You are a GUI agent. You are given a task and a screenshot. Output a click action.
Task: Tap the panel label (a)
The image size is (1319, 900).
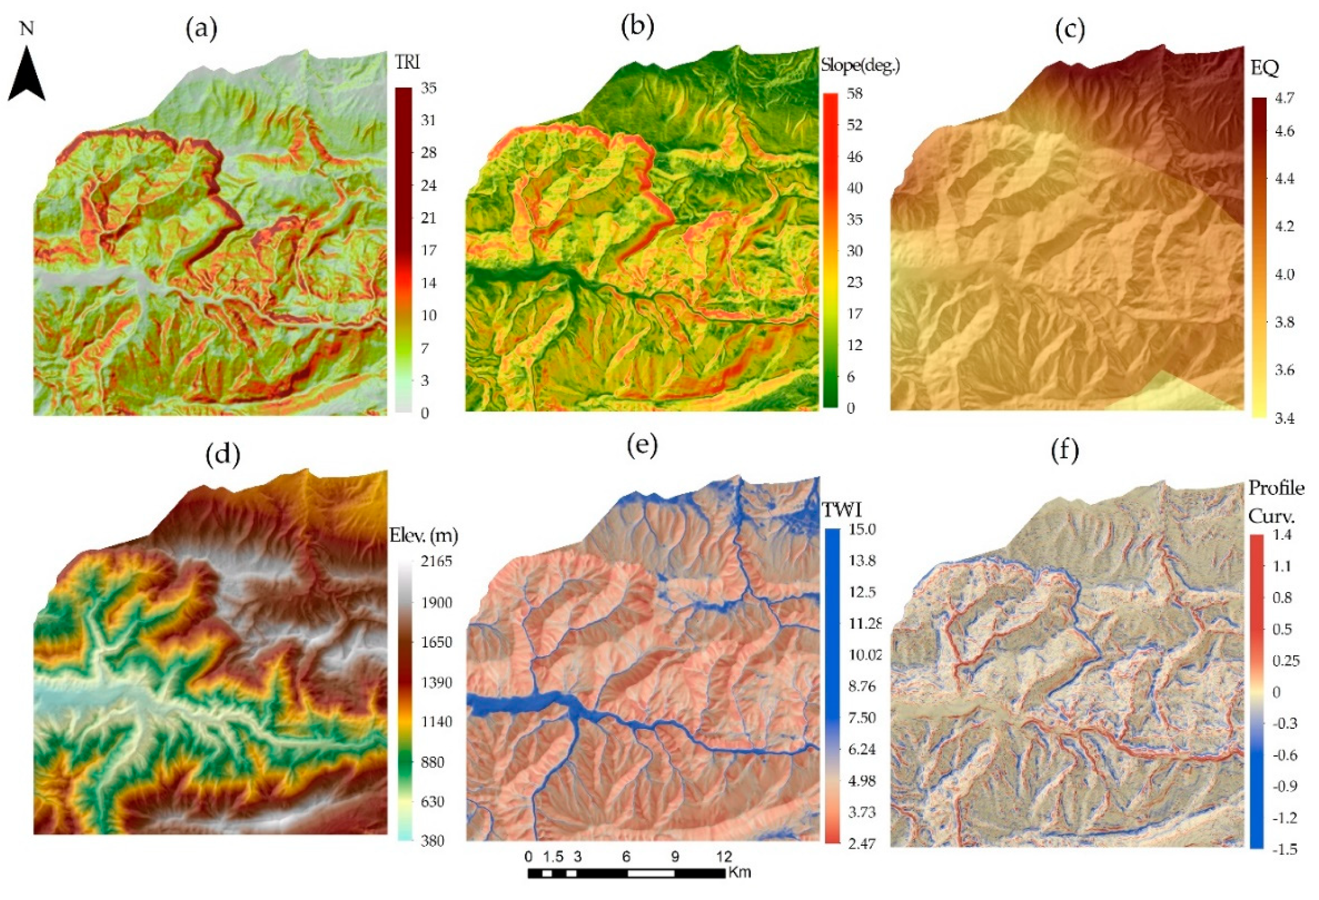click(201, 28)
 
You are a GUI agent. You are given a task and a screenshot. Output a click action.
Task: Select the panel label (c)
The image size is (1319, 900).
click(1070, 29)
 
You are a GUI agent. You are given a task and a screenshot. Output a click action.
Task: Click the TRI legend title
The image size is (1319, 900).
click(407, 62)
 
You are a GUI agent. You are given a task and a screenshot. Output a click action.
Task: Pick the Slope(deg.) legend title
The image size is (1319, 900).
click(860, 66)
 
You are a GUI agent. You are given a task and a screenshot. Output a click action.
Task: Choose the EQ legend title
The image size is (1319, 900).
click(1264, 67)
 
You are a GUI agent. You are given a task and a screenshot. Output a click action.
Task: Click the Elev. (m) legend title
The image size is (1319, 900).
click(424, 535)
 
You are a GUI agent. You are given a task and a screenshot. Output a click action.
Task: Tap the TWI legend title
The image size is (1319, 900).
click(842, 510)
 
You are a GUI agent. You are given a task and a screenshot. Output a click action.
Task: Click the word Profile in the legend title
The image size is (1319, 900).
click(1276, 488)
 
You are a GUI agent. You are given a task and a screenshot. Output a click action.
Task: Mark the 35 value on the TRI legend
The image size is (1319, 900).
click(428, 88)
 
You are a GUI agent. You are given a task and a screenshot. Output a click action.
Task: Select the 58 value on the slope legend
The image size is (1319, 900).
click(854, 93)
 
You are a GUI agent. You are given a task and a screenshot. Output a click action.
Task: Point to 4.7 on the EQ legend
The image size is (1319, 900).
click(1284, 98)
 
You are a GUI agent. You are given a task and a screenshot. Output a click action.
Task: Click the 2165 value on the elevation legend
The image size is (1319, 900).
click(436, 561)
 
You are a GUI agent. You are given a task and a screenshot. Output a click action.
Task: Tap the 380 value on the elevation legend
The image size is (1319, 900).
click(432, 840)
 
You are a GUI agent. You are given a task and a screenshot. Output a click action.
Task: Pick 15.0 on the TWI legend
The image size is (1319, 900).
click(862, 529)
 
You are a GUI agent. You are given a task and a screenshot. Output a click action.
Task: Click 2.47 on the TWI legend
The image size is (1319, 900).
click(862, 843)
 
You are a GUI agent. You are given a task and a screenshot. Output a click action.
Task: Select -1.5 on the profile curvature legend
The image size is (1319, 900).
click(1284, 849)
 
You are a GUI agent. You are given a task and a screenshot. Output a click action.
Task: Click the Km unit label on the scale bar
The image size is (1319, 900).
click(739, 872)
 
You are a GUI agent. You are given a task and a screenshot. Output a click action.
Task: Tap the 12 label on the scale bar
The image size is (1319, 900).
click(724, 857)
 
